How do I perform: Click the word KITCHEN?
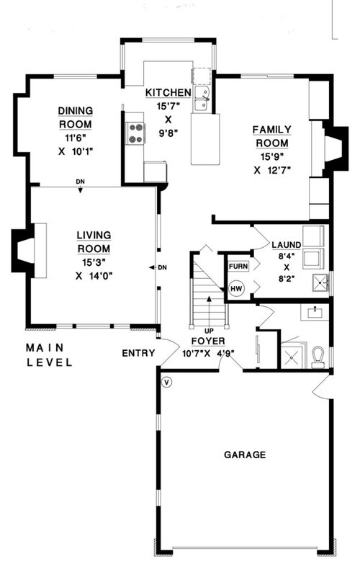click(168, 93)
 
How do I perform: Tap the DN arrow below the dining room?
click(80, 185)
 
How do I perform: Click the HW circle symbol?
click(235, 289)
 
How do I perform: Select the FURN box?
click(238, 266)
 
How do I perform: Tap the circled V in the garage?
click(167, 381)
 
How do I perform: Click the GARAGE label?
click(244, 455)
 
